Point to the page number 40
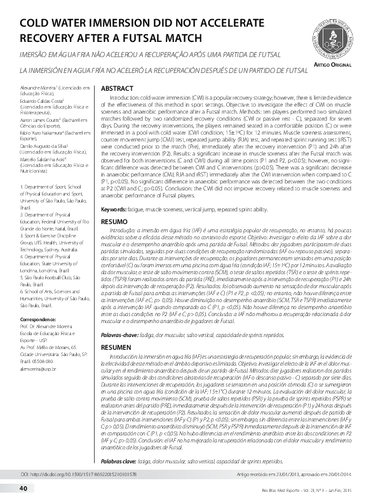pyautogui.click(x=23, y=487)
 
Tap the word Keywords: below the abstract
pyautogui.click(x=117, y=208)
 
